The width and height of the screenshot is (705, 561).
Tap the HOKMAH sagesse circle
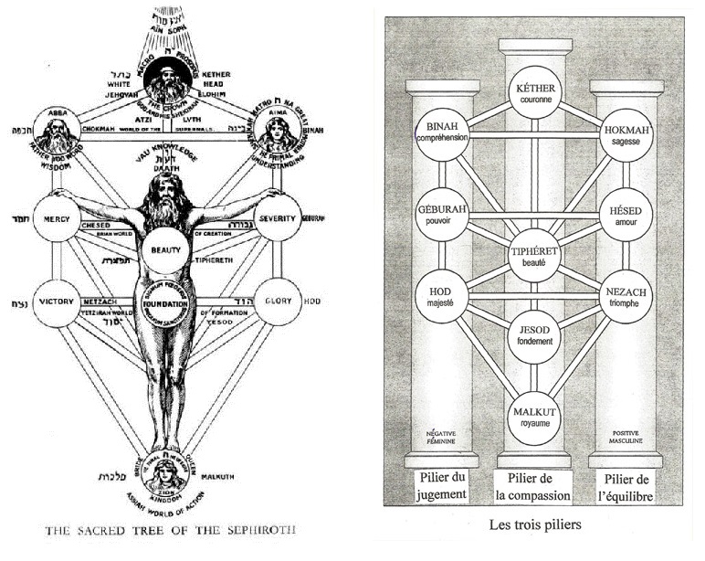tap(626, 136)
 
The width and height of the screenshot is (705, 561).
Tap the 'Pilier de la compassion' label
tap(534, 486)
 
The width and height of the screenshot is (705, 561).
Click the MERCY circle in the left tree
tap(58, 220)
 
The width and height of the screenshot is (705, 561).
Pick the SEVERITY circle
tap(279, 220)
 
